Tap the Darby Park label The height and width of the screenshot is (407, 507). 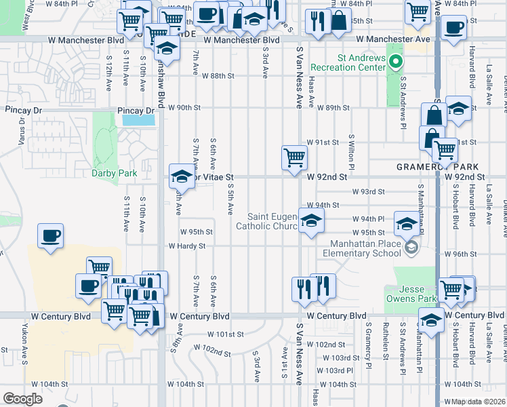pyautogui.click(x=115, y=173)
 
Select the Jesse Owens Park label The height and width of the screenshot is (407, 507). pyautogui.click(x=410, y=293)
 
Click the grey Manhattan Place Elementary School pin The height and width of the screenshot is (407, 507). pyautogui.click(x=411, y=248)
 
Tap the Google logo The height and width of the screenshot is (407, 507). pyautogui.click(x=22, y=399)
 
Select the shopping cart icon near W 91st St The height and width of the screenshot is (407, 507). pyautogui.click(x=294, y=157)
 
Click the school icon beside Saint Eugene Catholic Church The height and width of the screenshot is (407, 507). pyautogui.click(x=311, y=220)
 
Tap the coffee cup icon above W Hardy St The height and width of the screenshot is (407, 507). pyautogui.click(x=51, y=235)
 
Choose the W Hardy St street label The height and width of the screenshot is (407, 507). pyautogui.click(x=186, y=246)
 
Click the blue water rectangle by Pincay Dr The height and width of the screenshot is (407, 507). pyautogui.click(x=138, y=120)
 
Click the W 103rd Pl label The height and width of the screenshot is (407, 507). pyautogui.click(x=338, y=370)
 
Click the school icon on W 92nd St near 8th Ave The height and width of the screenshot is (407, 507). pyautogui.click(x=182, y=176)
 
